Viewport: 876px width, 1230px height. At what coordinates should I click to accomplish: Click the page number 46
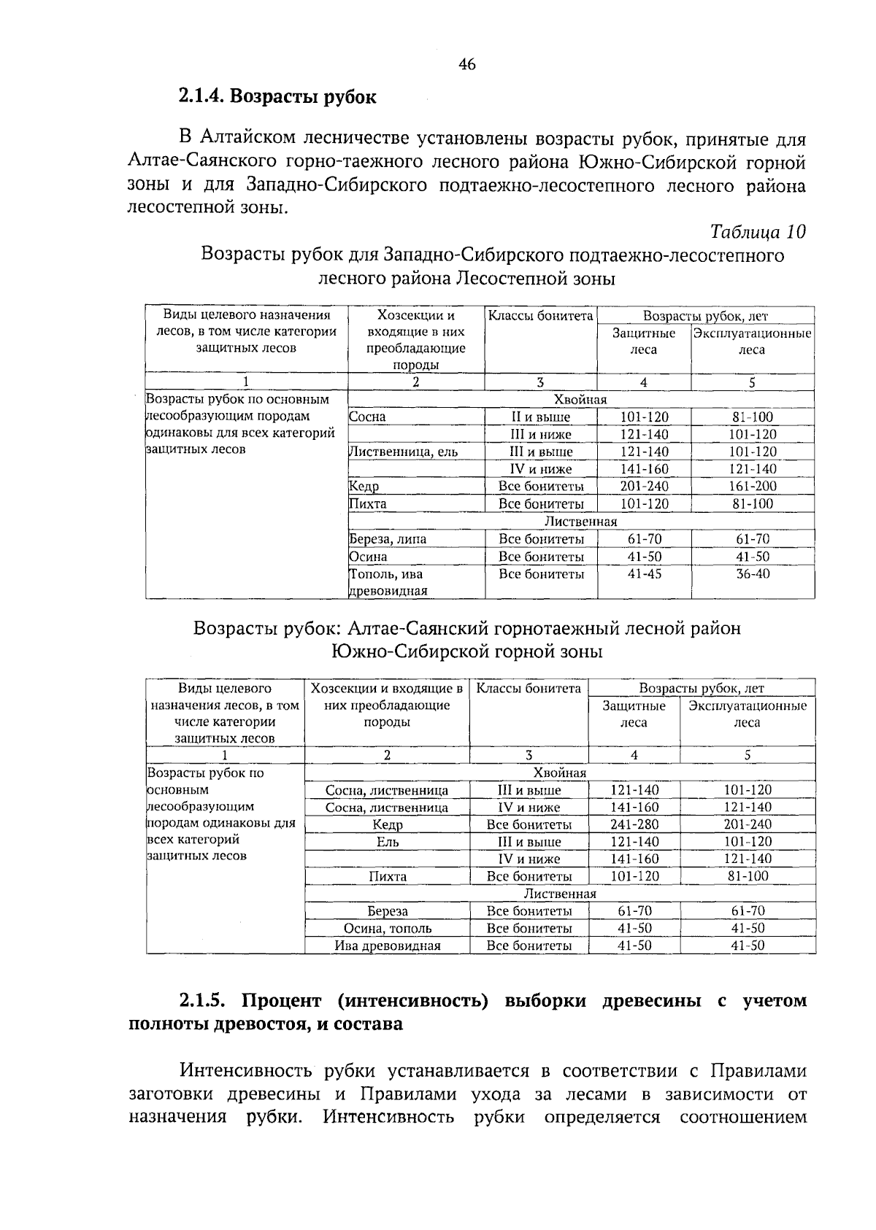click(467, 65)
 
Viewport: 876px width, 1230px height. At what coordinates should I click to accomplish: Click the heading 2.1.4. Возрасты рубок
click(277, 96)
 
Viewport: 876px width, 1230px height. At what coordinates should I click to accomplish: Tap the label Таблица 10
click(758, 232)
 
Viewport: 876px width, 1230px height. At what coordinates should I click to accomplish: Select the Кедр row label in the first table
click(364, 487)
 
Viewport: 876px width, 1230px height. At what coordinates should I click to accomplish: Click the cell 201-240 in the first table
click(644, 487)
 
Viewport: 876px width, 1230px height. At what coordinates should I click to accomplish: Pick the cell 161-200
click(752, 487)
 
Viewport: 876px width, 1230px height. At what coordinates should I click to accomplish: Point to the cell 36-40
click(752, 574)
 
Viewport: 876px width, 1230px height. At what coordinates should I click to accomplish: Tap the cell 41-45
click(644, 574)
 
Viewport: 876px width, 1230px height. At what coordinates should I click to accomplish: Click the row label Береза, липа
click(388, 540)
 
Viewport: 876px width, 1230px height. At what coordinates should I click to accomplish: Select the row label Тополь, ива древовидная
click(388, 582)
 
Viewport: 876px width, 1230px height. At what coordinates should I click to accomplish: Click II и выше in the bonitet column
click(540, 417)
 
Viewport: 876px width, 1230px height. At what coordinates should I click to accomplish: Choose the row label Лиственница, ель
click(404, 452)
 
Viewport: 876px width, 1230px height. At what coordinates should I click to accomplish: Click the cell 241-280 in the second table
click(634, 824)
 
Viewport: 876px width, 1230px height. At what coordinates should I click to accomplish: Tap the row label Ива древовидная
click(388, 946)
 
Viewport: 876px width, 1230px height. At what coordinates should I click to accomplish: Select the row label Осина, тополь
click(388, 929)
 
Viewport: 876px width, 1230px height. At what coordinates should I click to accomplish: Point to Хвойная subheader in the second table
click(560, 773)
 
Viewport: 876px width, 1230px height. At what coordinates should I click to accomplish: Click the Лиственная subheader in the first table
click(581, 522)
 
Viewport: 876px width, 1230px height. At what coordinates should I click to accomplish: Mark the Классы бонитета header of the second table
click(529, 688)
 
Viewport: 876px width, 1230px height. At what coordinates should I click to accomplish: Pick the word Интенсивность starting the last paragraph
click(242, 1071)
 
